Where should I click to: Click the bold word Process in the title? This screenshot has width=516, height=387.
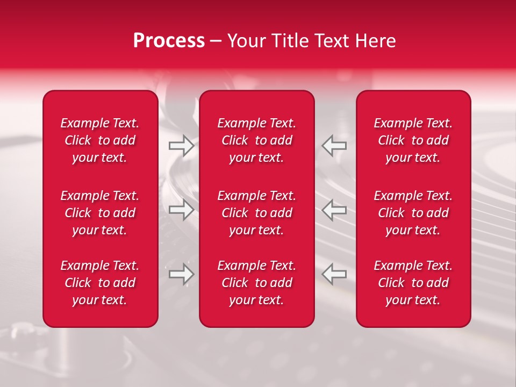click(x=169, y=41)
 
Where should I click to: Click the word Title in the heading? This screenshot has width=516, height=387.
click(x=291, y=41)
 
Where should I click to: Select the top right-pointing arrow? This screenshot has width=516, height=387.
click(x=181, y=146)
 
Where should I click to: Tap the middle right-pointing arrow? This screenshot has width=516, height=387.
click(x=181, y=210)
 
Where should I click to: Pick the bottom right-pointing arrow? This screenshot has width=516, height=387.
click(x=181, y=274)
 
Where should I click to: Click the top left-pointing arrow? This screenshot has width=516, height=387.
click(x=334, y=146)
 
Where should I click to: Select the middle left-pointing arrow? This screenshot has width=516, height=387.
click(x=334, y=210)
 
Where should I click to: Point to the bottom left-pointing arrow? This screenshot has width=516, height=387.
click(x=334, y=274)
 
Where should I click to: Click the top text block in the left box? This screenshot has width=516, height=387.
click(x=100, y=140)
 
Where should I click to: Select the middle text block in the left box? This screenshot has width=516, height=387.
click(x=100, y=213)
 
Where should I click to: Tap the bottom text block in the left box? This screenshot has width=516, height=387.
click(x=100, y=283)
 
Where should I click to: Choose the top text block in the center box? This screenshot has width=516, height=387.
click(x=257, y=140)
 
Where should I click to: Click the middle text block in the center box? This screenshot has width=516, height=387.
click(x=257, y=213)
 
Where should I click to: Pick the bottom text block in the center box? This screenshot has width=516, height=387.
click(x=257, y=283)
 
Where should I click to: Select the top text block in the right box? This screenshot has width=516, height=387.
click(x=413, y=140)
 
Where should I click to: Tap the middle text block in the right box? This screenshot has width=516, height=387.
click(x=413, y=213)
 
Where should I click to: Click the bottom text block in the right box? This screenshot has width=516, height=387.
click(x=413, y=283)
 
